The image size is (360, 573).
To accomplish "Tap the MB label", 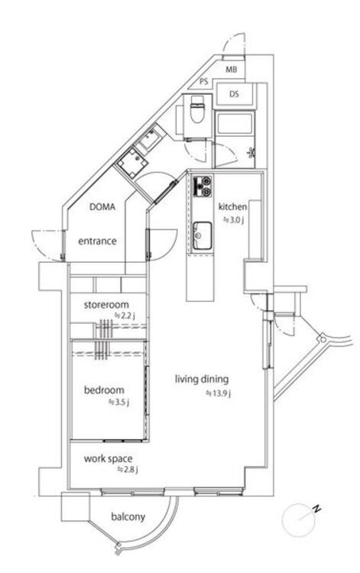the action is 231,70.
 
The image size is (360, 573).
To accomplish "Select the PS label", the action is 204,82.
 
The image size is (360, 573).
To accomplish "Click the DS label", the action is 234,94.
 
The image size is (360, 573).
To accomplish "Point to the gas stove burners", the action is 202,186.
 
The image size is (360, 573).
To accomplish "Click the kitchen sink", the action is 202,236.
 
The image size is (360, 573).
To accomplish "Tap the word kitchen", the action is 232,207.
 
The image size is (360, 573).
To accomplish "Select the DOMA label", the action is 102,207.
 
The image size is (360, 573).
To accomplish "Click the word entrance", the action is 98,241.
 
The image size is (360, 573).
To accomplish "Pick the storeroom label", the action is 106,304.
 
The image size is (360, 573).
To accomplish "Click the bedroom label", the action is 104,390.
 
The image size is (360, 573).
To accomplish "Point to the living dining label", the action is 202,379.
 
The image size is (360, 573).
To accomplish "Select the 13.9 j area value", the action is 219,393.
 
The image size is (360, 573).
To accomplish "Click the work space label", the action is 109,458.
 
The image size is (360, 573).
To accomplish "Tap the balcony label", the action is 128,516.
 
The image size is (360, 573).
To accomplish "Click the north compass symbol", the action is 300,520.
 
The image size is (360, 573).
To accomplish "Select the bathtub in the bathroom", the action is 234,124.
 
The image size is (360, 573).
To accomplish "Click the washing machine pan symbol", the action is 132,162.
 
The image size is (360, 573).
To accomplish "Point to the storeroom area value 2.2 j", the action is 125,316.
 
